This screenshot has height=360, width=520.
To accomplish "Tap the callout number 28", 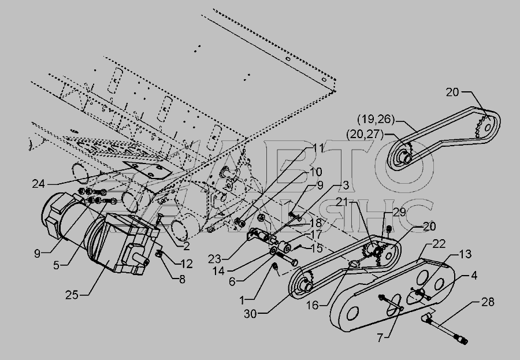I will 489,302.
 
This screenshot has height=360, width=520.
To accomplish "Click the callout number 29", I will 399,213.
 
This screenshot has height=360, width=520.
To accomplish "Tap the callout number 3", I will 344,185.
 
